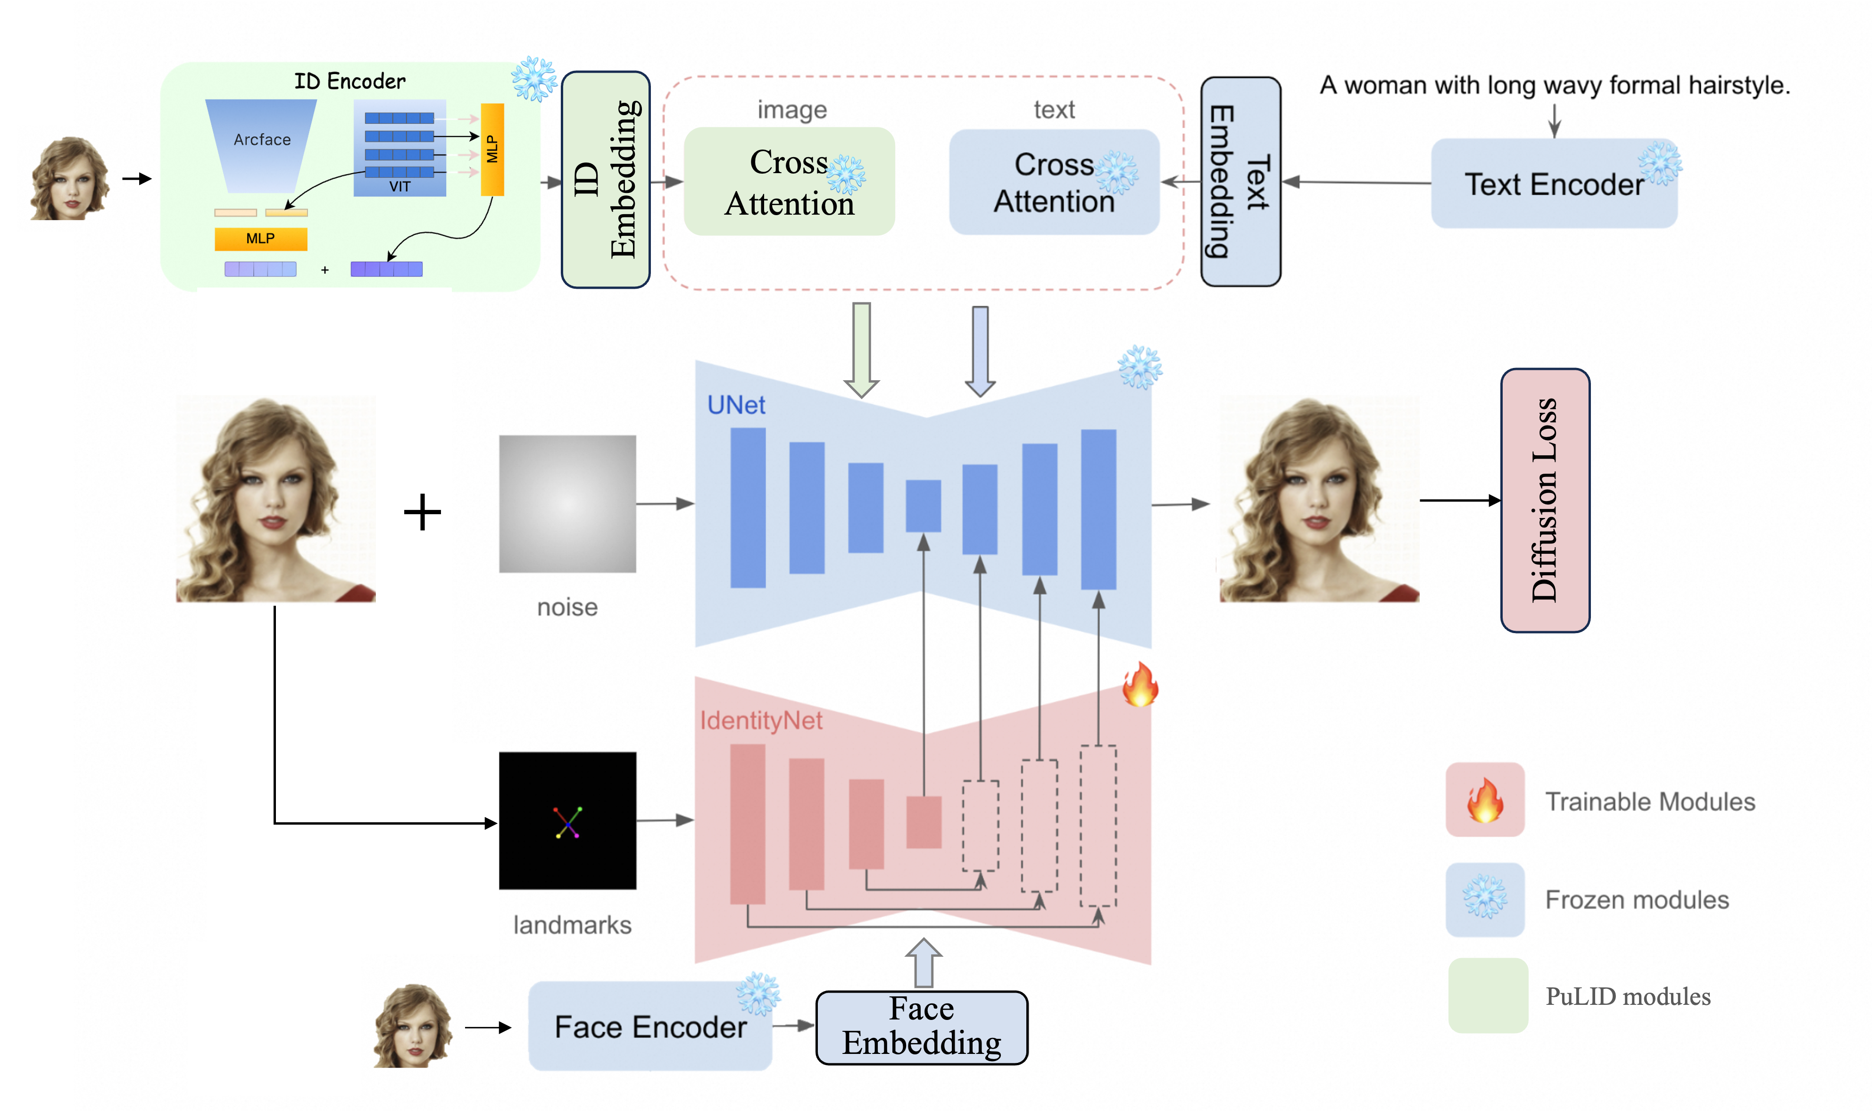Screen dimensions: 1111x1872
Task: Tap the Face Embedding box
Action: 922,1027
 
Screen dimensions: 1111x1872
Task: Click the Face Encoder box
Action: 649,1027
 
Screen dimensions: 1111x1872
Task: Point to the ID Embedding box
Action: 606,180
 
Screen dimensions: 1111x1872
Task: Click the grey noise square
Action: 567,504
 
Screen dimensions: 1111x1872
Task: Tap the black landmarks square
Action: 567,820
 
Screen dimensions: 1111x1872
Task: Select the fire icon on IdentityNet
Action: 1139,684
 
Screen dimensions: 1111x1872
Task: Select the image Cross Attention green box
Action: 789,182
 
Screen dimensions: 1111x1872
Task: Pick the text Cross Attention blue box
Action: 1053,183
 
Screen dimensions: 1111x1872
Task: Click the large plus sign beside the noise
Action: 422,512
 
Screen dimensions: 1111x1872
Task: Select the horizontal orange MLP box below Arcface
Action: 260,239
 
